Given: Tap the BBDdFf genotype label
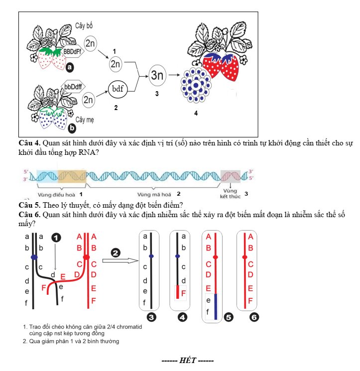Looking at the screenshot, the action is (x=72, y=51).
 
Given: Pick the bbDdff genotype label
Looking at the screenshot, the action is (x=73, y=87).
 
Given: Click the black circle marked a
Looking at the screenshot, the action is (x=70, y=67).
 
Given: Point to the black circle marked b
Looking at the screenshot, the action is (x=72, y=128).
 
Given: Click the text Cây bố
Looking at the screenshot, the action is (x=84, y=25).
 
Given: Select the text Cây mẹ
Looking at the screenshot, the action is (x=85, y=120).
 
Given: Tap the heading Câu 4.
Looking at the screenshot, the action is (x=29, y=143).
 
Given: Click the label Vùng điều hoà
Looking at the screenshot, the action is (x=56, y=195).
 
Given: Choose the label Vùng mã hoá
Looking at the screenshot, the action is (x=154, y=195).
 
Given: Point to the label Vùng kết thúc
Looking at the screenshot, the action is (x=230, y=194).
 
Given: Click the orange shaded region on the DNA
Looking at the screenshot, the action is (x=72, y=176).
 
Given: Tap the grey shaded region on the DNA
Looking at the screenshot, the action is (x=231, y=176).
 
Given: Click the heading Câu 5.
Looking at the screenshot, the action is (x=29, y=205).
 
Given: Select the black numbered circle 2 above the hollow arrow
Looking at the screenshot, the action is (x=116, y=253).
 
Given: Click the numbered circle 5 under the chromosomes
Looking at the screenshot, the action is (x=229, y=317).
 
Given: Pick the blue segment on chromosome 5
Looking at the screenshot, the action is (x=216, y=307).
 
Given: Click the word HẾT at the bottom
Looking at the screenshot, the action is (x=188, y=361).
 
